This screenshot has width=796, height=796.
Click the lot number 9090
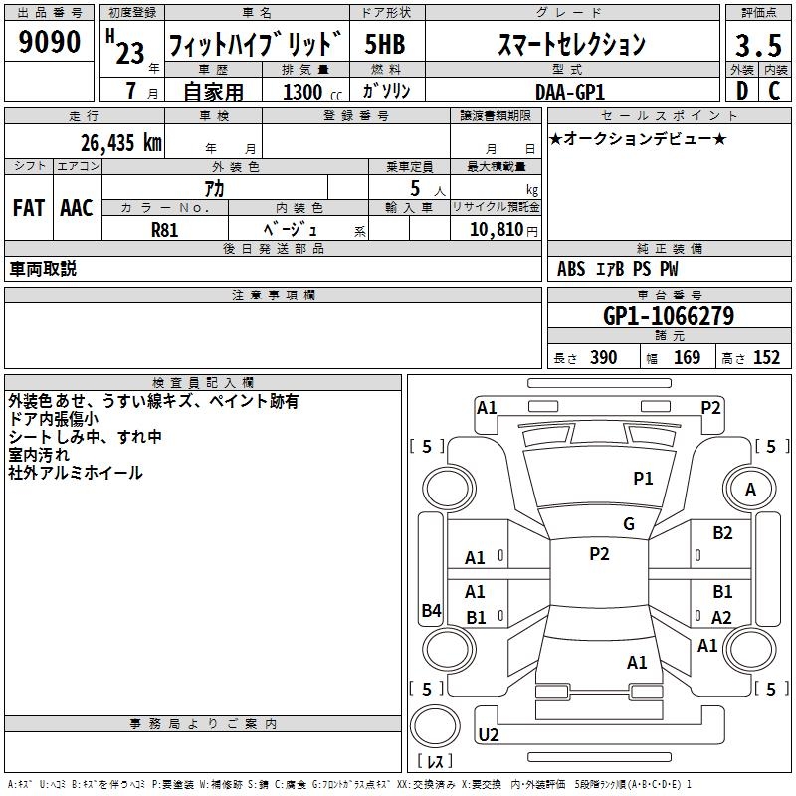[51, 43]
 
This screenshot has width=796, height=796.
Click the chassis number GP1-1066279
[669, 317]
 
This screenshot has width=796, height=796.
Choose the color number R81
[165, 229]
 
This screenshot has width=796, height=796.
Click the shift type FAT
[29, 208]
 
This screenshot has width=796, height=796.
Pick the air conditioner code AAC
[77, 208]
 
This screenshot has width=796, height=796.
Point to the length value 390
[603, 358]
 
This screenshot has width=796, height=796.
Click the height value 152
[766, 358]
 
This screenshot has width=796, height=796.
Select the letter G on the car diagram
[629, 524]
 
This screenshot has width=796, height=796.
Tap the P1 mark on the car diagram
[644, 479]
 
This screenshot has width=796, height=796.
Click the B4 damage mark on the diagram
[431, 611]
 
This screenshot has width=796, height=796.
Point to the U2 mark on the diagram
[489, 735]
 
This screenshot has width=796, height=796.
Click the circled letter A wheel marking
[751, 490]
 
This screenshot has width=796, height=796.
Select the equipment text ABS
[571, 269]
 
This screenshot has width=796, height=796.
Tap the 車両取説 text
[43, 269]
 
